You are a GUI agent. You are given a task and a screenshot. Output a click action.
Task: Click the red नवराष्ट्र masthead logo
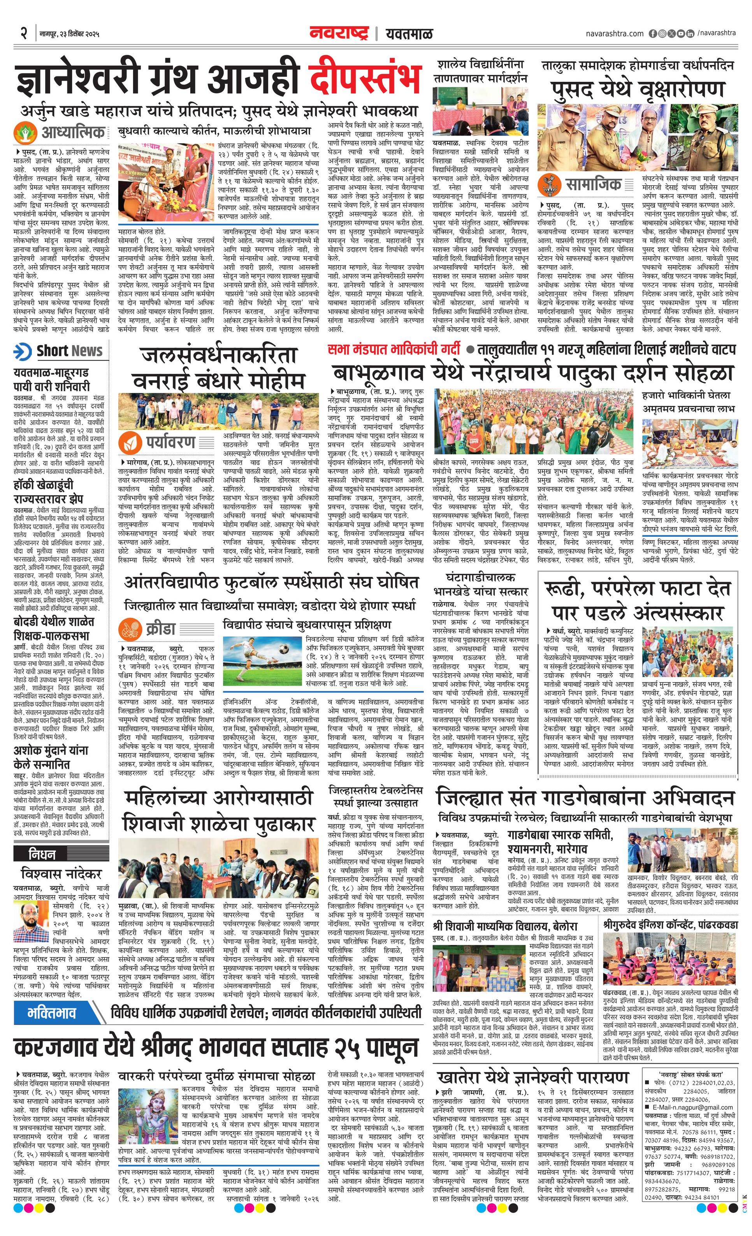coord(339,33)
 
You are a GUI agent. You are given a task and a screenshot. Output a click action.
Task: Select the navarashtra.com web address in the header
coord(614,34)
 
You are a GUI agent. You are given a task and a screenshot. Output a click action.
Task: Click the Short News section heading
coord(69,351)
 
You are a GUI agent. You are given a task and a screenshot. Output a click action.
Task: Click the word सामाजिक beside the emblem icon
coord(593,184)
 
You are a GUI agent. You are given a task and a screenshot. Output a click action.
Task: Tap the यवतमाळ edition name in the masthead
coord(409,34)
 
